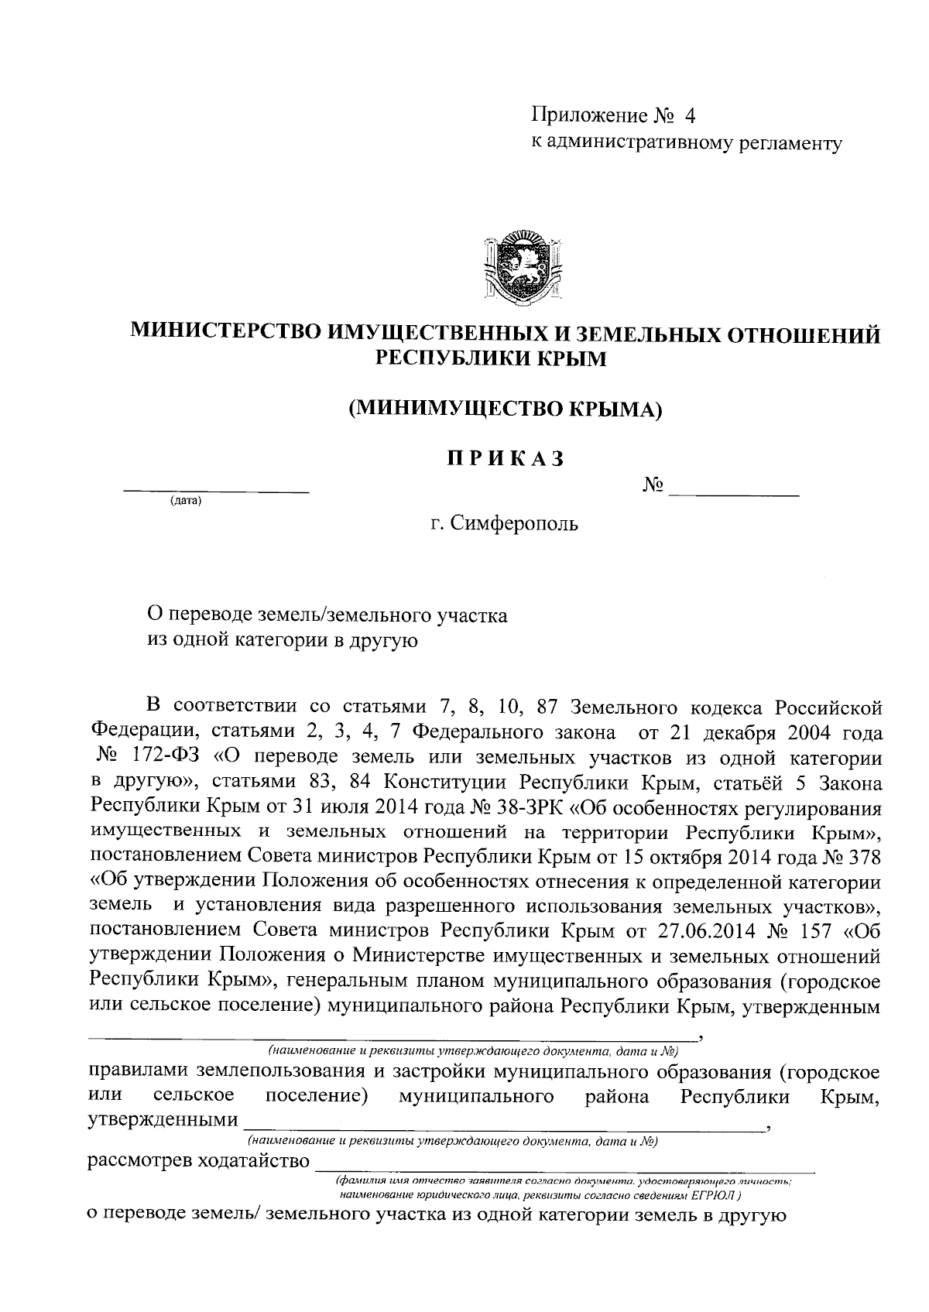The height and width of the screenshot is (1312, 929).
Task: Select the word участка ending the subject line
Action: coord(471,615)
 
